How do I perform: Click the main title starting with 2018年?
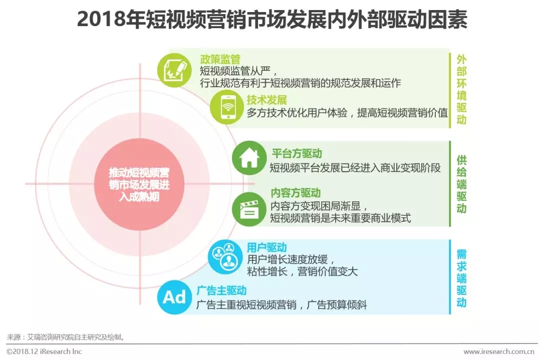pyautogui.click(x=272, y=20)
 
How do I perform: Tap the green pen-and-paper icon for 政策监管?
pyautogui.click(x=174, y=70)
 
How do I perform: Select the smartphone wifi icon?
pyautogui.click(x=227, y=107)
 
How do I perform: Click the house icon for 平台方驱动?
pyautogui.click(x=249, y=158)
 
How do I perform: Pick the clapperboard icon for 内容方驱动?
pyautogui.click(x=249, y=209)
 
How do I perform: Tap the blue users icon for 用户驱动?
pyautogui.click(x=225, y=257)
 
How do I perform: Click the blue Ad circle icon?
pyautogui.click(x=174, y=297)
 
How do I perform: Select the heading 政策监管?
pyautogui.click(x=220, y=59)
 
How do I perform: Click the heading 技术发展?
pyautogui.click(x=266, y=100)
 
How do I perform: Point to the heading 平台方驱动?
pyautogui.click(x=297, y=153)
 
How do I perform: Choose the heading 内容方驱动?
pyautogui.click(x=296, y=193)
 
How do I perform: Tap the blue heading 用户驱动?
pyautogui.click(x=266, y=247)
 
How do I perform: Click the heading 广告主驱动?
pyautogui.click(x=221, y=291)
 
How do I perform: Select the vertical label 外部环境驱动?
pyautogui.click(x=461, y=89)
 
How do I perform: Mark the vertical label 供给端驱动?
pyautogui.click(x=461, y=184)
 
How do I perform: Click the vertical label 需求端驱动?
pyautogui.click(x=461, y=278)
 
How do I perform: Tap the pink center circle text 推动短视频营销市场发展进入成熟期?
pyautogui.click(x=139, y=184)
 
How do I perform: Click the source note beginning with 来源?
pyautogui.click(x=66, y=337)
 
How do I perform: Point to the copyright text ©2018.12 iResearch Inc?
pyautogui.click(x=44, y=351)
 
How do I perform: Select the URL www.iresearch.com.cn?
pyautogui.click(x=498, y=351)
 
